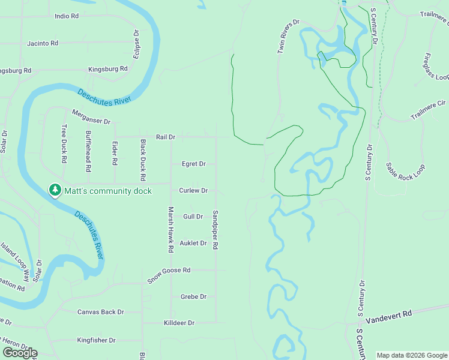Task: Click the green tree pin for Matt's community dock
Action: pyautogui.click(x=55, y=190)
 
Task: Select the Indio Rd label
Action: pyautogui.click(x=67, y=16)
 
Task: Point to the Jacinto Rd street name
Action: pyautogui.click(x=43, y=43)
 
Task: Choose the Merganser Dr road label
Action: pyautogui.click(x=92, y=116)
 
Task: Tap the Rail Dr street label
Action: pyautogui.click(x=165, y=137)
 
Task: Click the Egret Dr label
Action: pyautogui.click(x=194, y=164)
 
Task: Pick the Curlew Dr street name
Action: pyautogui.click(x=193, y=190)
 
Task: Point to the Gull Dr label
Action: pyautogui.click(x=193, y=217)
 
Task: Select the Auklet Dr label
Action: pyautogui.click(x=193, y=243)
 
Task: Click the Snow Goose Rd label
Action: pyautogui.click(x=169, y=271)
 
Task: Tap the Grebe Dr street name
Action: pyautogui.click(x=193, y=296)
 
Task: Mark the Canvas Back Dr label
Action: pyautogui.click(x=101, y=312)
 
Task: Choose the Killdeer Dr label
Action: pyautogui.click(x=179, y=323)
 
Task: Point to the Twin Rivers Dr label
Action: pyautogui.click(x=288, y=37)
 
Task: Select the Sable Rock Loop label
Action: pyautogui.click(x=405, y=178)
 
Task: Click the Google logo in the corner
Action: pyautogui.click(x=20, y=353)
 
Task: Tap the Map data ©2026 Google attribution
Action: pyautogui.click(x=411, y=355)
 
